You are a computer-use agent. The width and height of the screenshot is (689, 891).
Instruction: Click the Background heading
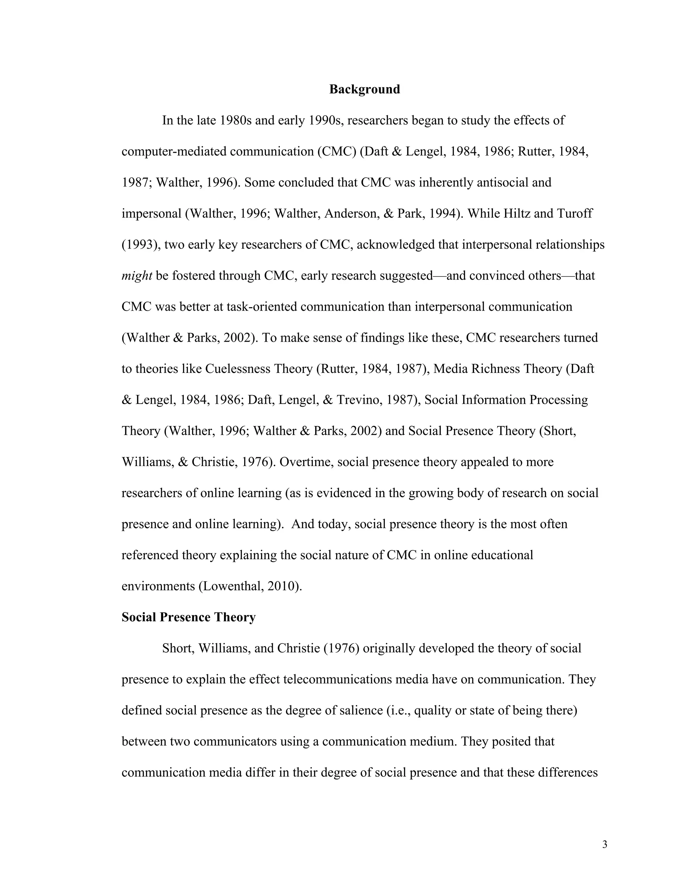point(364,89)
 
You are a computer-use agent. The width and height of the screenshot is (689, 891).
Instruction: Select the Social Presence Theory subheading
point(189,617)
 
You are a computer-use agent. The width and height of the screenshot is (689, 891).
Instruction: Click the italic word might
point(137,276)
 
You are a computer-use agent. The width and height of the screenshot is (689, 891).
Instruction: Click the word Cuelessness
point(238,369)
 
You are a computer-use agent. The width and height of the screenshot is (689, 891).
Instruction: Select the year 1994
point(444,214)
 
